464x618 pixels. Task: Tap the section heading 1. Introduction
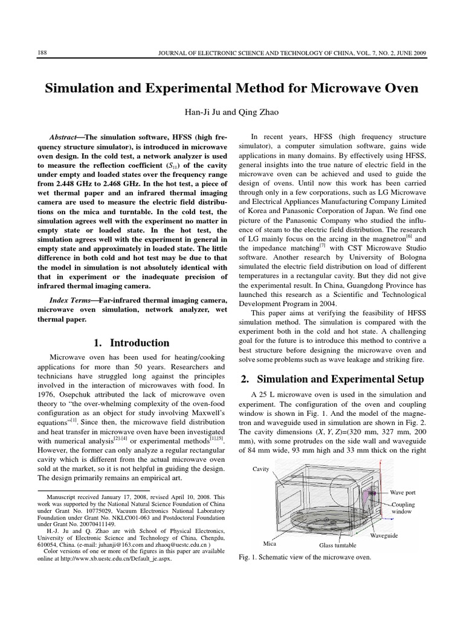131,343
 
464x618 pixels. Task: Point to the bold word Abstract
67,137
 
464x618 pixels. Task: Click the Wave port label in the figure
402,493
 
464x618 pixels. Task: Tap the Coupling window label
402,508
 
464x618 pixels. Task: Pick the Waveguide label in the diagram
384,535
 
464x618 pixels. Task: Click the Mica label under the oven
270,543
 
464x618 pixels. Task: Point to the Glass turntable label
338,545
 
